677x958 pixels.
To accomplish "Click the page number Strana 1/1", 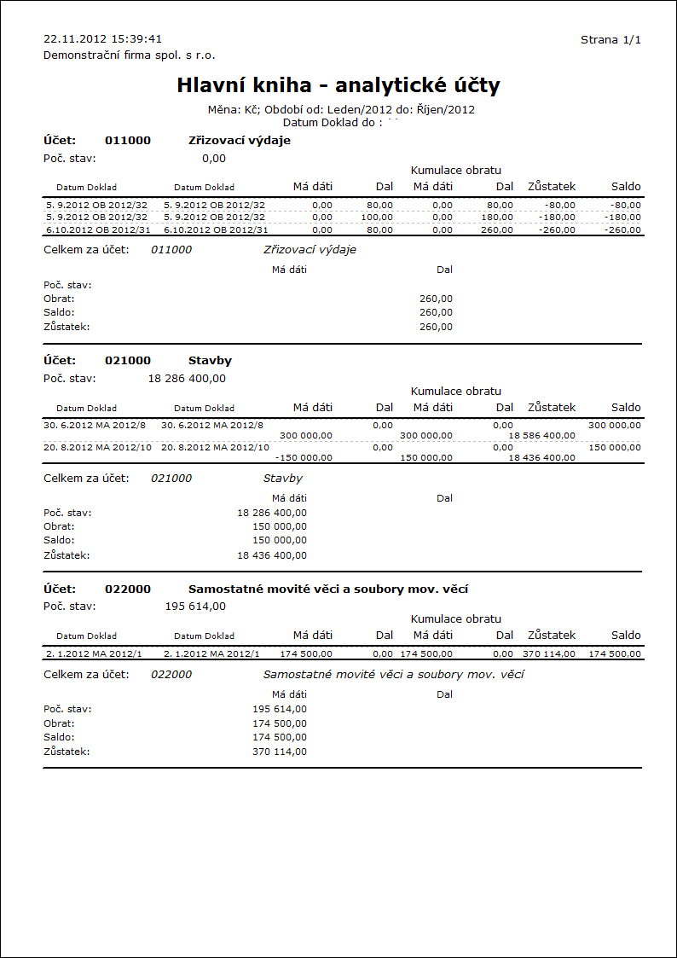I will [610, 40].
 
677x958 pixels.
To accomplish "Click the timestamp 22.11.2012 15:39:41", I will [102, 39].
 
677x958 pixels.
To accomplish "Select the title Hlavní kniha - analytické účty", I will [338, 85].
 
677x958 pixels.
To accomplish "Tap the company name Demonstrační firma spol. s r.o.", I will [129, 55].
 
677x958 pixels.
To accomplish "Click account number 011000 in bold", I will [127, 141].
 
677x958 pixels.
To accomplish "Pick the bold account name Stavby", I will [210, 361].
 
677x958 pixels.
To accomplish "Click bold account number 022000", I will [127, 589].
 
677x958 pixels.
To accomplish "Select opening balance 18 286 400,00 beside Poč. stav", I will [187, 378].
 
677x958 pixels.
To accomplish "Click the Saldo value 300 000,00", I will [614, 425].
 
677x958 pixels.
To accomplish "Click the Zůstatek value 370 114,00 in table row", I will [549, 653].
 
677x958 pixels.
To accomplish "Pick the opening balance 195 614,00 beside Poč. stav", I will [195, 607].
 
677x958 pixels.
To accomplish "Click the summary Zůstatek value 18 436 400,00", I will [272, 555].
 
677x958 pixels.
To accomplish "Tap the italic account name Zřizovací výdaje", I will [310, 250].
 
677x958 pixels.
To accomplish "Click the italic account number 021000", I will [171, 479].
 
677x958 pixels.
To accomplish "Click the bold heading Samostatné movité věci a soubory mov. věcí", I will [328, 589].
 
